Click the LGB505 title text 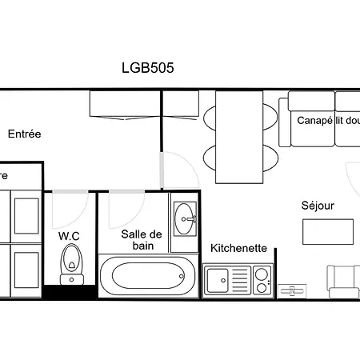[x=147, y=68]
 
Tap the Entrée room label [x=24, y=134]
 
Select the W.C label [x=69, y=236]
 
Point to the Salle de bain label [x=142, y=240]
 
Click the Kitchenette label [x=238, y=248]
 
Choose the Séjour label [x=318, y=206]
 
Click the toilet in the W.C [x=71, y=261]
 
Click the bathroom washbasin [x=185, y=216]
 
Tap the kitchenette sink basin [x=219, y=281]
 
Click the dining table [x=240, y=136]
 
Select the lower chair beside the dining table [x=210, y=157]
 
